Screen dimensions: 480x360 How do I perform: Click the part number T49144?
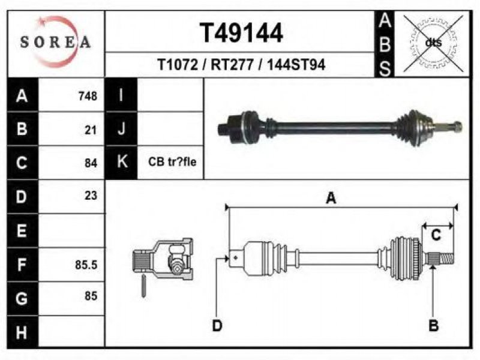(x=241, y=33)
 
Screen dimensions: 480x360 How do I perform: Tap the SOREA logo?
(x=55, y=42)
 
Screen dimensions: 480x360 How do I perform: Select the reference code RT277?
(x=232, y=65)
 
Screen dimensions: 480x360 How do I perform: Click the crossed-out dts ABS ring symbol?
(x=433, y=43)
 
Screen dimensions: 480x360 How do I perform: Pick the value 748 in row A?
(x=88, y=96)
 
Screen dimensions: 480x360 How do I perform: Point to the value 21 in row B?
(x=91, y=130)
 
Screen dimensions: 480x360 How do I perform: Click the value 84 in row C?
(x=91, y=163)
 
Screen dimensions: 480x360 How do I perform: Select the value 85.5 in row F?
(x=86, y=265)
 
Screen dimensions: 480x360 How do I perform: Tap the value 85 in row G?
(x=91, y=296)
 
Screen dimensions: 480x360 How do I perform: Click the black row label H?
(x=22, y=332)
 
